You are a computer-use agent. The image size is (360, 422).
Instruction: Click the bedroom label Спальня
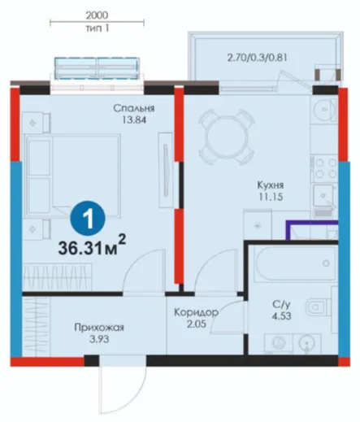tap(134, 108)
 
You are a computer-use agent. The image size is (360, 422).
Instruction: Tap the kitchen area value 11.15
tap(271, 197)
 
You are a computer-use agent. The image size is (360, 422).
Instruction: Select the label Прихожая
tap(99, 328)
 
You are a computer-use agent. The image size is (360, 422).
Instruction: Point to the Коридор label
tap(196, 312)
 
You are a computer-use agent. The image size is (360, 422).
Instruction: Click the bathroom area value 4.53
tap(282, 316)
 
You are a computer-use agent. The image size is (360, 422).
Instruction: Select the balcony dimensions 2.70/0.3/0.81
tap(257, 58)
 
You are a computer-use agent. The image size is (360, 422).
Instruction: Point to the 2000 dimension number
tap(97, 15)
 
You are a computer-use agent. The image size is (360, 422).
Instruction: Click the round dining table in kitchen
tap(227, 137)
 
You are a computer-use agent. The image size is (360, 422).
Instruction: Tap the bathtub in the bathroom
tap(295, 263)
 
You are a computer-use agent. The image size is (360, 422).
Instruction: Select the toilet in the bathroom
tap(319, 307)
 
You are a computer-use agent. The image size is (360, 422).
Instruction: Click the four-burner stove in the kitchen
tap(325, 168)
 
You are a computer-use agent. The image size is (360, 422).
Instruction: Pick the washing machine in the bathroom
tap(279, 343)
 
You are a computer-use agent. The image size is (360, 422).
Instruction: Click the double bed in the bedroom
tap(72, 176)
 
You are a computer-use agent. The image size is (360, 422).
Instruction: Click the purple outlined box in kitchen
tap(312, 230)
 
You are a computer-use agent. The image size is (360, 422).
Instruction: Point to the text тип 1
tap(98, 28)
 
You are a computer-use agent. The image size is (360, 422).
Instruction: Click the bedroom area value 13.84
tap(134, 120)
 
